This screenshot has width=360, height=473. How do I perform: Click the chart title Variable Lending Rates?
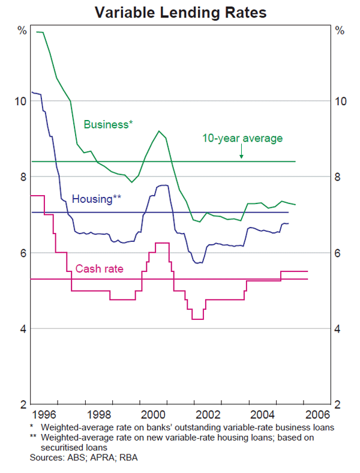[x=179, y=11]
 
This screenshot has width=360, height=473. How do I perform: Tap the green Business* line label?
[x=108, y=124]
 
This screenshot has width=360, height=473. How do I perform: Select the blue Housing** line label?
[x=97, y=199]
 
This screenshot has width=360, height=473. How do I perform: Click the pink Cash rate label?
[x=99, y=269]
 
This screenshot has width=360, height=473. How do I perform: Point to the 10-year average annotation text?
[x=242, y=138]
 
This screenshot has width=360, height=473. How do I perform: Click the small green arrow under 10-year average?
[x=241, y=155]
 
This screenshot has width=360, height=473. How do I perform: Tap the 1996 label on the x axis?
[x=44, y=415]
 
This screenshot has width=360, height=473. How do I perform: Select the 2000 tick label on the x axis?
[x=153, y=415]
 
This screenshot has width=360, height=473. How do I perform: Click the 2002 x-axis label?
[x=208, y=415]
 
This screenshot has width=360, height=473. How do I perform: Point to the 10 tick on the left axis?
[x=20, y=101]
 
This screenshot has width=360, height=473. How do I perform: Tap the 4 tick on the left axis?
[x=23, y=329]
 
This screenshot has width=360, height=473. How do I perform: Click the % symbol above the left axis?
[x=22, y=30]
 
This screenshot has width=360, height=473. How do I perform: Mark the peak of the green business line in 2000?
[x=159, y=131]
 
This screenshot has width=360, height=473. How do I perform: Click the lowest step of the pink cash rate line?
[x=197, y=319]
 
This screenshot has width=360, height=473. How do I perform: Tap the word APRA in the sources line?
[x=91, y=457]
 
